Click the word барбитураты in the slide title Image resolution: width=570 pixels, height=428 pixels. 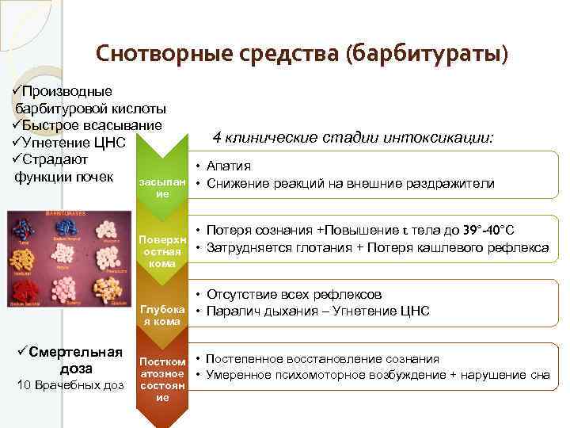pos(427,54)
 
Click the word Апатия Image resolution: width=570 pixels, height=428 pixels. pos(229,166)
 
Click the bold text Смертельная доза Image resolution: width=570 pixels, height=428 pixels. pos(71,361)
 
